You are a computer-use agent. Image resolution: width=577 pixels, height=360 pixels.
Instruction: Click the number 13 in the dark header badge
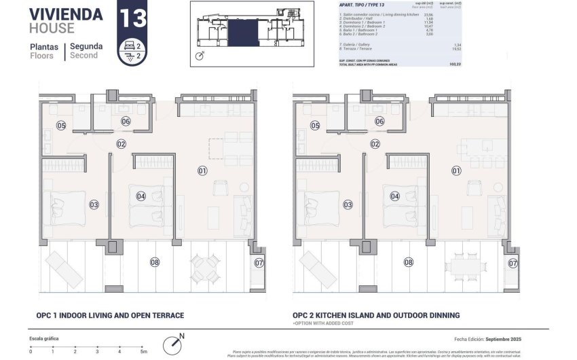pyautogui.click(x=132, y=18)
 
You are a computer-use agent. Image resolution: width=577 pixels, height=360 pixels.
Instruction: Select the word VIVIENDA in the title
pyautogui.click(x=66, y=14)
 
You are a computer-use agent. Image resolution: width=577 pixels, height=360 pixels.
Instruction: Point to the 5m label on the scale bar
pyautogui.click(x=143, y=351)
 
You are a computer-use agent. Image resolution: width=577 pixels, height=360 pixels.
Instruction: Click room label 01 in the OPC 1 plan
pyautogui.click(x=202, y=170)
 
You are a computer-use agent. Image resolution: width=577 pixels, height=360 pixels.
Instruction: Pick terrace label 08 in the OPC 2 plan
pyautogui.click(x=408, y=262)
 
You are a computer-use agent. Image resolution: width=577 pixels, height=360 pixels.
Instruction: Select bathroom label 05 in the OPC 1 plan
pyautogui.click(x=61, y=126)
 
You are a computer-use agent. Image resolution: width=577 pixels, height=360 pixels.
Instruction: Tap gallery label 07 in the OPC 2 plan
pyautogui.click(x=513, y=263)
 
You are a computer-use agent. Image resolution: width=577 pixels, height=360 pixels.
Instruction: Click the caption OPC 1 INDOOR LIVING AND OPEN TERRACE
pyautogui.click(x=110, y=315)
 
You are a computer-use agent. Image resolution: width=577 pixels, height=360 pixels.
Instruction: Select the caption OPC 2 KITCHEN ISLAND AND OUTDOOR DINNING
pyautogui.click(x=376, y=315)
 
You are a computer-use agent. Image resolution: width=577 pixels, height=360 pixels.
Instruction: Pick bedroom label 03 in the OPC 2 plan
pyautogui.click(x=348, y=204)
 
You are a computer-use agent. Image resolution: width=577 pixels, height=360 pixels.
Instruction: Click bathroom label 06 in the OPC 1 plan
pyautogui.click(x=126, y=121)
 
